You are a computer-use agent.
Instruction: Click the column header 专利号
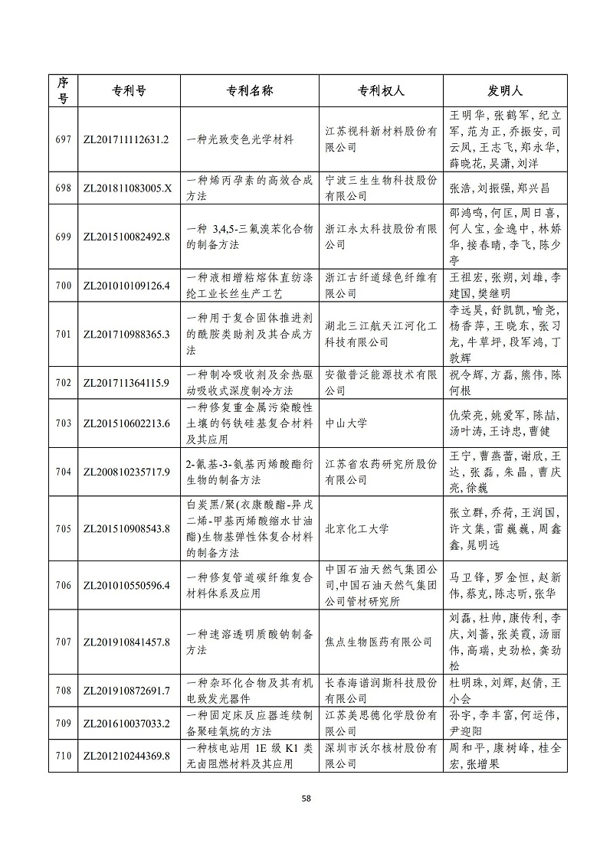[x=125, y=90]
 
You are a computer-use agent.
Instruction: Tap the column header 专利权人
[x=381, y=90]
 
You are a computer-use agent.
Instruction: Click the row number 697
[x=64, y=139]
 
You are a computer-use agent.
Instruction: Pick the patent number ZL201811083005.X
[x=125, y=188]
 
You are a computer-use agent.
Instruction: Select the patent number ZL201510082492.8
[x=125, y=237]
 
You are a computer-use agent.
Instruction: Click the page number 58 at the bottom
[x=306, y=799]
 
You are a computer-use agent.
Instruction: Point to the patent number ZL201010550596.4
[x=125, y=586]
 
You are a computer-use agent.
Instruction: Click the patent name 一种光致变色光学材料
[x=241, y=139]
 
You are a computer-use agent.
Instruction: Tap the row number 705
[x=64, y=528]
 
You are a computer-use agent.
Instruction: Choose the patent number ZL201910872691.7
[x=125, y=691]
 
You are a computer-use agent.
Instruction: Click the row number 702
[x=64, y=383]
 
